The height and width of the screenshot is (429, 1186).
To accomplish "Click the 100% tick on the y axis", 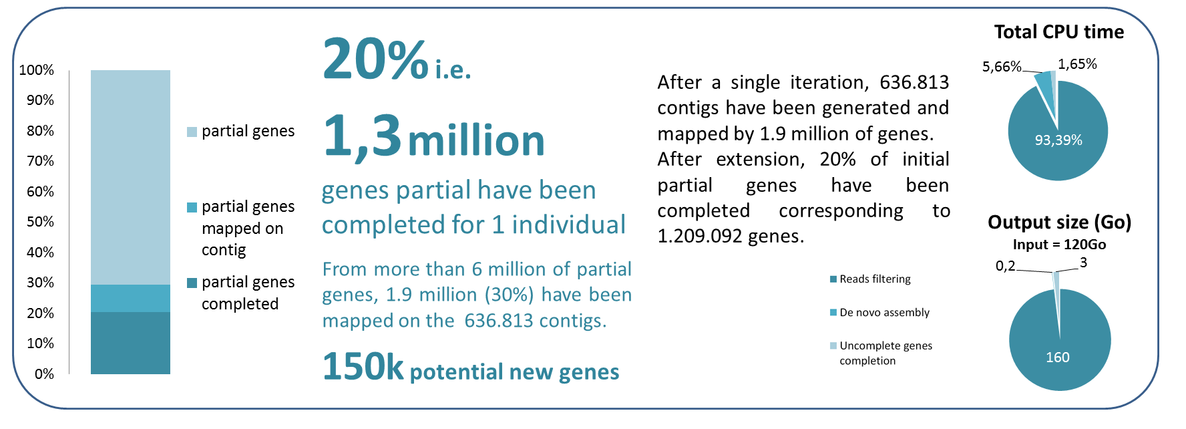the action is (x=37, y=70).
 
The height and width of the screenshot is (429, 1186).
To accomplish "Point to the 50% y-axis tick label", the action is (x=40, y=222).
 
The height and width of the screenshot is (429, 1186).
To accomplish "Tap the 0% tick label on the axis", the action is (x=44, y=374).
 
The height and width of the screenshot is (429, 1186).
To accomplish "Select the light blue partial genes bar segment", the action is (x=130, y=177).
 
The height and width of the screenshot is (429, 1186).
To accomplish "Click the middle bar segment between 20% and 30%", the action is (x=130, y=299).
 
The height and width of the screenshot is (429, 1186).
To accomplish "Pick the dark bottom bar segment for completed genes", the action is (x=130, y=343).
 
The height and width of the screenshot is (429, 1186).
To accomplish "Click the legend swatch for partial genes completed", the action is (x=192, y=283).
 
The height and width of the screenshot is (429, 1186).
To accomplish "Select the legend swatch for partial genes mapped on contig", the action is (x=192, y=207).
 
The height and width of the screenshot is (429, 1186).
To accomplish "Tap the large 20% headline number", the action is (x=375, y=59).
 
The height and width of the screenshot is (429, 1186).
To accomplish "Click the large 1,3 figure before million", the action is (x=362, y=136).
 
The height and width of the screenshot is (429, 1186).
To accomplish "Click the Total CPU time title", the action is (x=1058, y=32).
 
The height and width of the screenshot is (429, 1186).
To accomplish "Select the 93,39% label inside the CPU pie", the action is (x=1058, y=140).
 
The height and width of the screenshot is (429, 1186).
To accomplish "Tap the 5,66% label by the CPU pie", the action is (x=1002, y=67).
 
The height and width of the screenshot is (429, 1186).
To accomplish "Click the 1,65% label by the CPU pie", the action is (x=1077, y=64).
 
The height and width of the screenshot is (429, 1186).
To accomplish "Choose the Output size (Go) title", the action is (x=1059, y=222).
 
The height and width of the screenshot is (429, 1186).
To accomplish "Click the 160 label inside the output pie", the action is (x=1058, y=357).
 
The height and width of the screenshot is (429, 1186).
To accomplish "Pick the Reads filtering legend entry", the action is (x=870, y=279).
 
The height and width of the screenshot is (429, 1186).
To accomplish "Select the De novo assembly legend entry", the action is (x=879, y=313).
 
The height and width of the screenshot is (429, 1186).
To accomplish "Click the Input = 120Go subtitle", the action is (x=1059, y=245).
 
